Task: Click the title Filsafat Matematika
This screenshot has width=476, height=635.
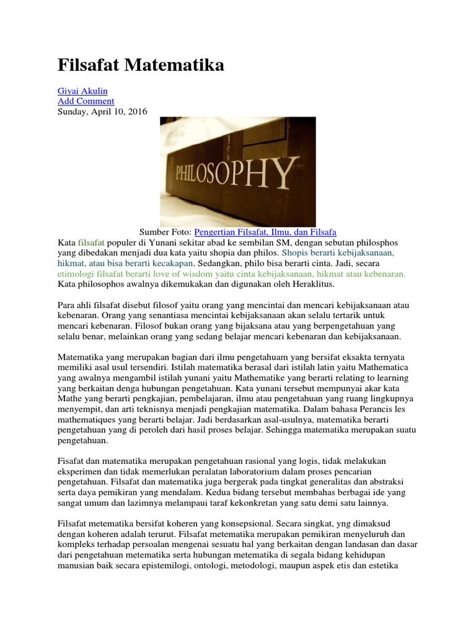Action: (x=141, y=66)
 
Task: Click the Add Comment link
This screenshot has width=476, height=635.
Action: (x=86, y=101)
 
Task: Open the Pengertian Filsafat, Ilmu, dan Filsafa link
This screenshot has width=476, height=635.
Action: (x=265, y=231)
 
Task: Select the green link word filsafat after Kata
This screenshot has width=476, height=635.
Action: (x=91, y=242)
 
